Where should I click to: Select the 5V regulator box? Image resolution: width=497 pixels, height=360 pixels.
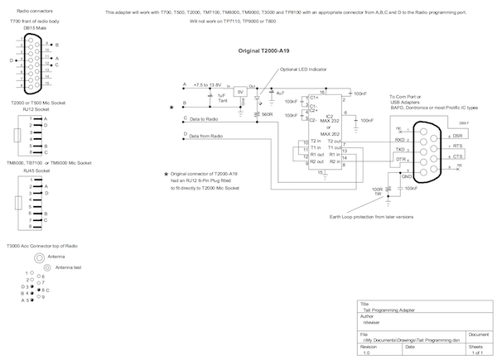240,92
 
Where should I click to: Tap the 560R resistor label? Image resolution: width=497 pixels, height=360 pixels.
267,114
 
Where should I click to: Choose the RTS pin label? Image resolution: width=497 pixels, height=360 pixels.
457,145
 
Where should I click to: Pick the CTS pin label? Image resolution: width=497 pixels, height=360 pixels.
457,156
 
